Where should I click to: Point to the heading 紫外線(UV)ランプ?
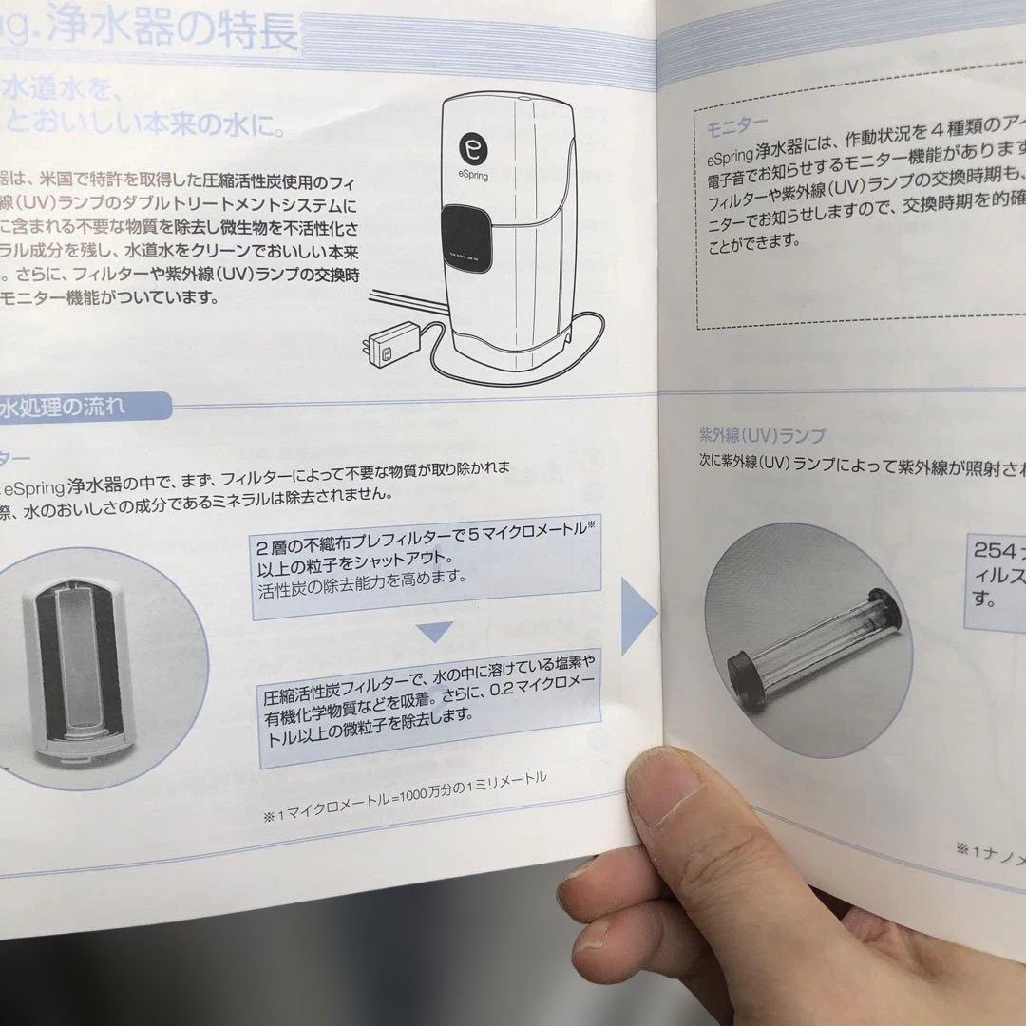click(762, 436)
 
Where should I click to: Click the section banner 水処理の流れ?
click(66, 408)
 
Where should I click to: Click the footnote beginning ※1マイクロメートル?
click(404, 799)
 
